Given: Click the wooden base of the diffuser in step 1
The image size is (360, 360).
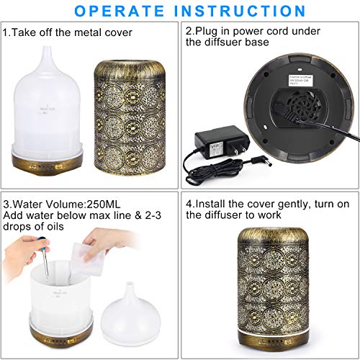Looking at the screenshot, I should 48,162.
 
